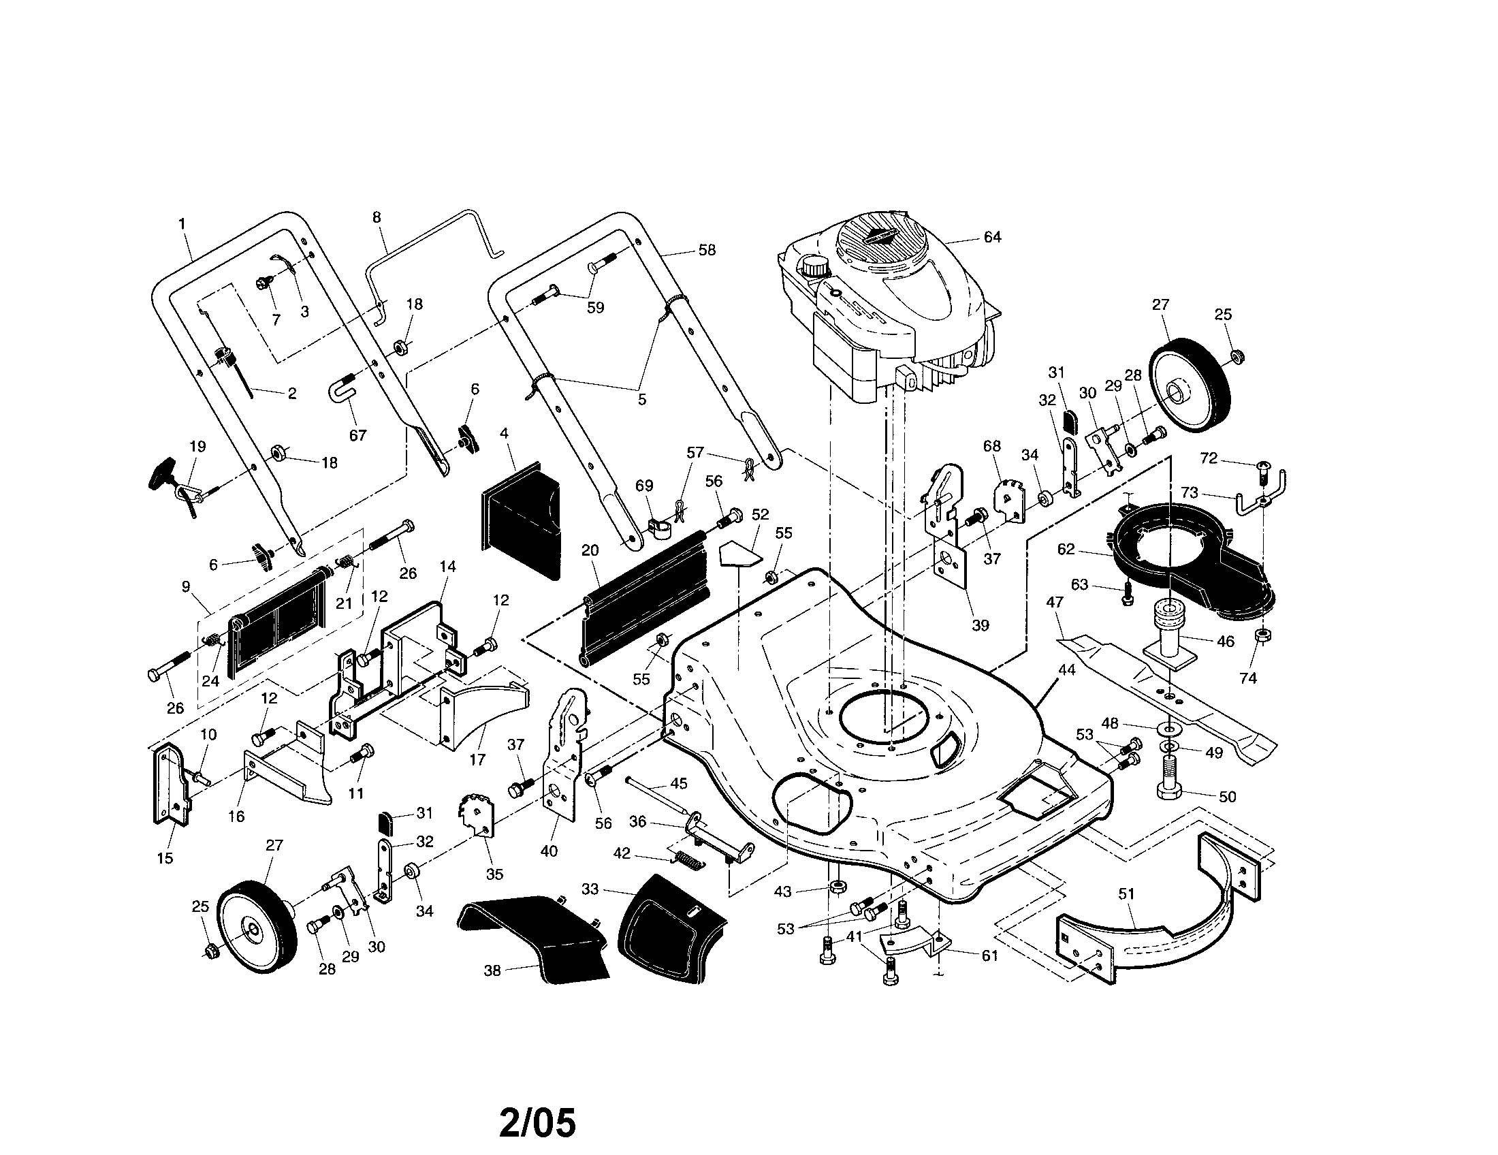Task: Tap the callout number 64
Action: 992,236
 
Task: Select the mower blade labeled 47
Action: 1166,693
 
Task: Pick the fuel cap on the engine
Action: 814,265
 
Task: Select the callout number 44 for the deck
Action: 1067,669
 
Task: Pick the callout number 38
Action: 492,970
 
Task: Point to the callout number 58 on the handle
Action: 707,251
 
